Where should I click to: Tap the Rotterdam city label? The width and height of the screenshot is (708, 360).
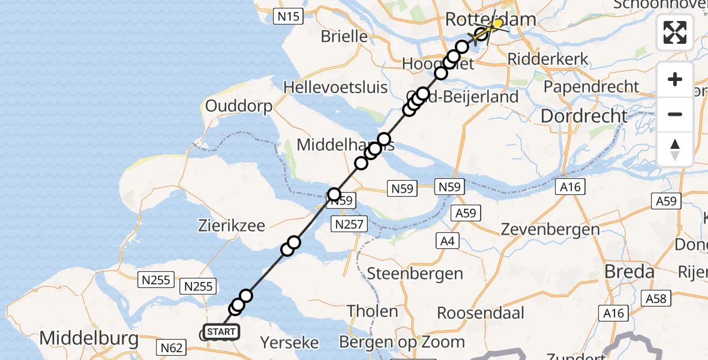click(490, 20)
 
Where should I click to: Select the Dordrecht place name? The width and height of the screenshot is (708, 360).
click(584, 116)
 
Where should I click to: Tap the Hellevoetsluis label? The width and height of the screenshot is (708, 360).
click(335, 87)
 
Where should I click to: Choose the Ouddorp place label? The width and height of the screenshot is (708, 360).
click(239, 106)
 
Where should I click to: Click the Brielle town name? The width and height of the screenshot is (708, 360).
click(344, 36)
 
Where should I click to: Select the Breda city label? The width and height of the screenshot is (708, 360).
click(629, 272)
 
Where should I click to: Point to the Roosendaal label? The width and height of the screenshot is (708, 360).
click(481, 313)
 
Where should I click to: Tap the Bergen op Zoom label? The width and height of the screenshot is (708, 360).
click(401, 342)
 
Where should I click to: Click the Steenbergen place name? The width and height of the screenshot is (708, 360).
click(415, 274)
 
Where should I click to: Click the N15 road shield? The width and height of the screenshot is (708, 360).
click(287, 17)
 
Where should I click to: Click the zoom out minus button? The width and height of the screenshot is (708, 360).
click(675, 114)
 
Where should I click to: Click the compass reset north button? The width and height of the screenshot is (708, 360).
click(675, 149)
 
